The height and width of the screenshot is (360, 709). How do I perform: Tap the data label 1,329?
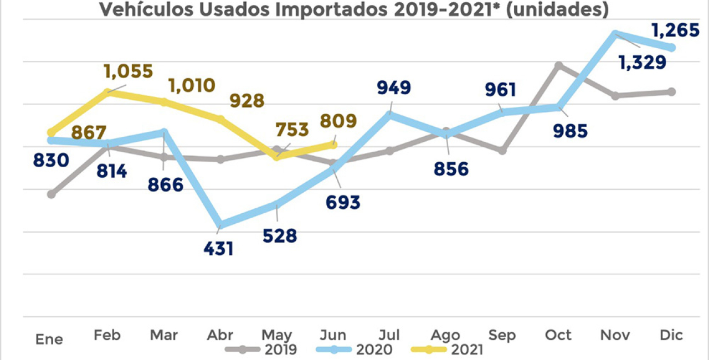coord(642,63)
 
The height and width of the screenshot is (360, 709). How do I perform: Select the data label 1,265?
coord(675,30)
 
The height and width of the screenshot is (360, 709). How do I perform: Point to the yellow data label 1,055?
coord(128,71)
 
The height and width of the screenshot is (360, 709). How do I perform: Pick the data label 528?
coord(279,235)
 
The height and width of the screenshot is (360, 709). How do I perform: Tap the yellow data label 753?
coord(291,130)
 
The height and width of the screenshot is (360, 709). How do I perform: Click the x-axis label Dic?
coord(671,335)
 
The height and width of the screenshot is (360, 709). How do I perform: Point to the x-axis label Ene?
coord(49,339)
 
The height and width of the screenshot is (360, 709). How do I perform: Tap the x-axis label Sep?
coord(501,336)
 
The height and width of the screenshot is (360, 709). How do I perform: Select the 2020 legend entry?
coord(354,349)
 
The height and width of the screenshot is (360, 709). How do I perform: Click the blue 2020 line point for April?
coord(221,224)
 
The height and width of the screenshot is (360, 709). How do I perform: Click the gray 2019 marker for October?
coord(559,66)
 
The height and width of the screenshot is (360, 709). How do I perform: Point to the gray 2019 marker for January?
coord(52,194)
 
